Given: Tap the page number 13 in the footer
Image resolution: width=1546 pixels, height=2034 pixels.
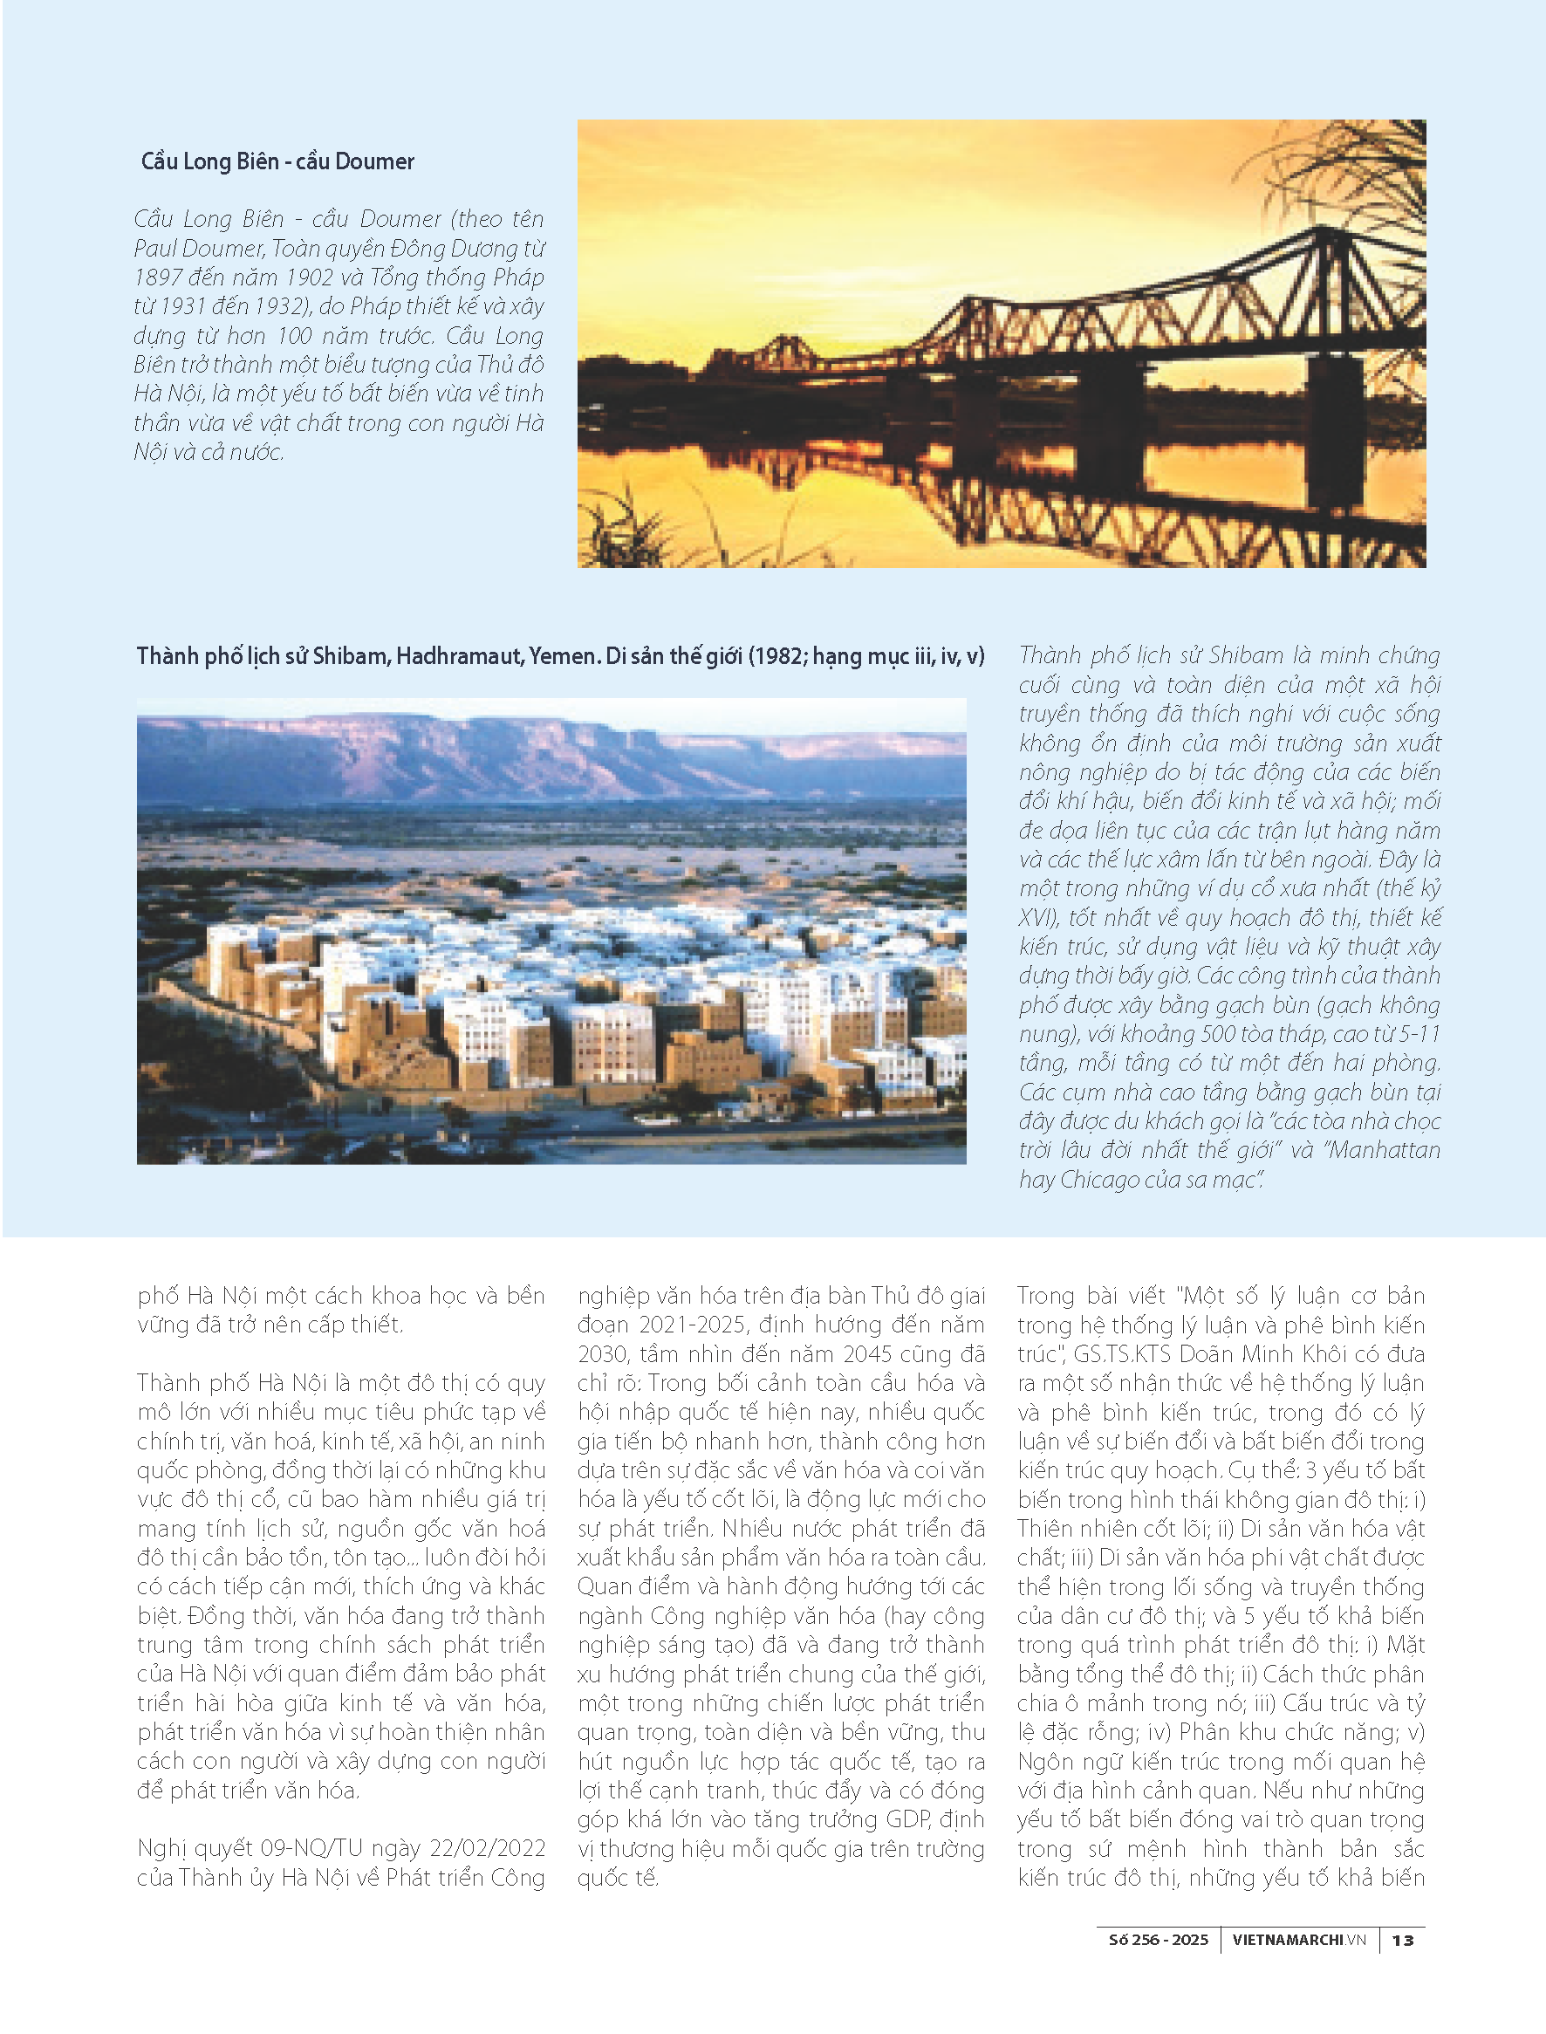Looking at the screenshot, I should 1402,1940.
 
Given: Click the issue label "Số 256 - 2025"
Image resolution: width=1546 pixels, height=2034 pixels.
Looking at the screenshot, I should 1158,1940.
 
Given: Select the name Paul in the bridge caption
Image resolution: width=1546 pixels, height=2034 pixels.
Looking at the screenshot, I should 154,249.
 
